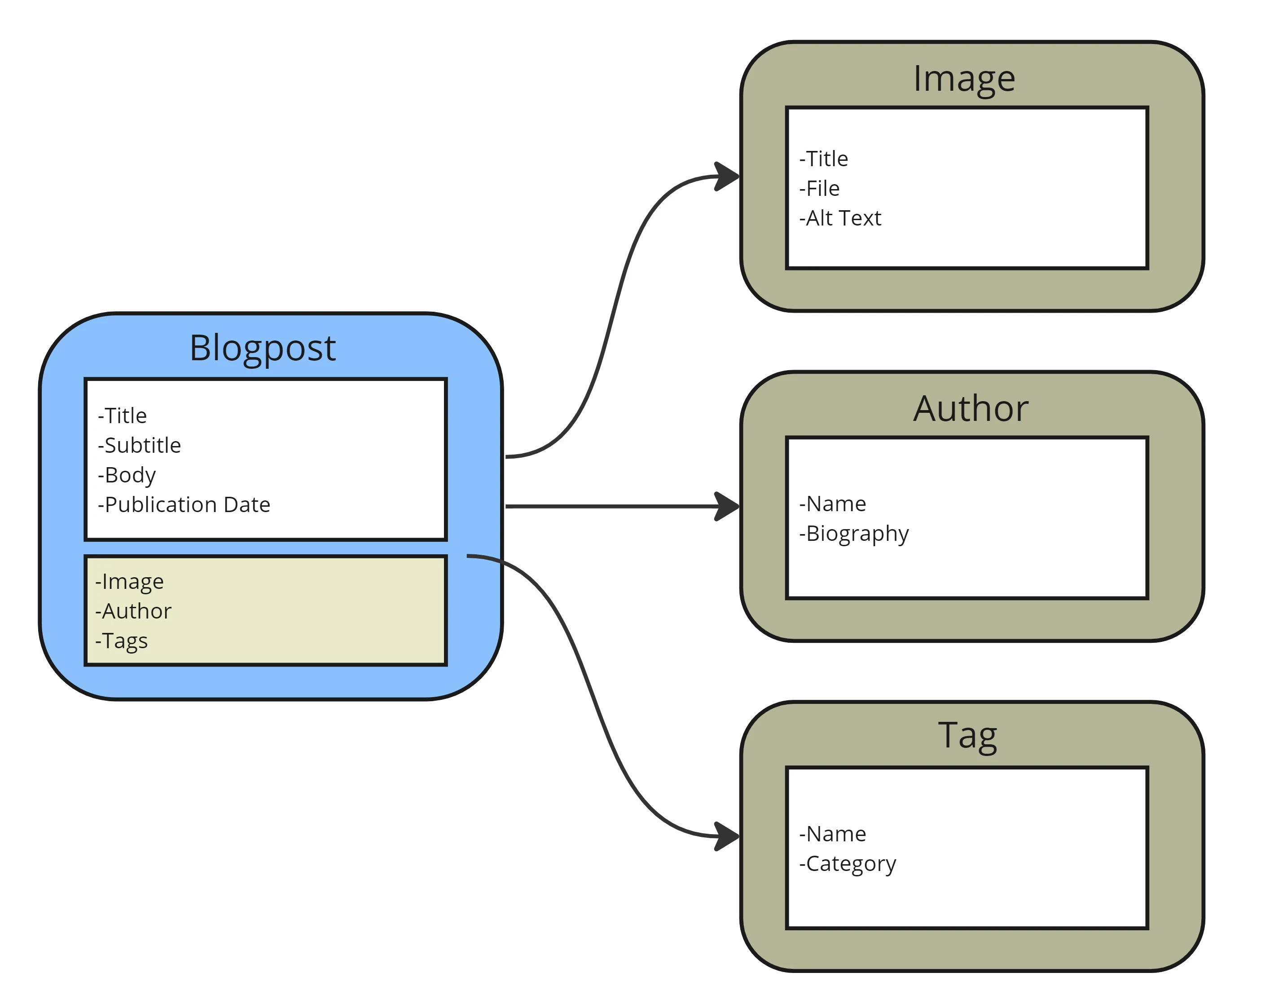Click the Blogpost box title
(263, 349)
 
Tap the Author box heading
(971, 408)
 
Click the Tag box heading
(967, 736)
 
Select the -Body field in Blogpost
(127, 475)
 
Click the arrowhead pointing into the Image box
(727, 176)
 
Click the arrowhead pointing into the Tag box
(727, 836)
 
